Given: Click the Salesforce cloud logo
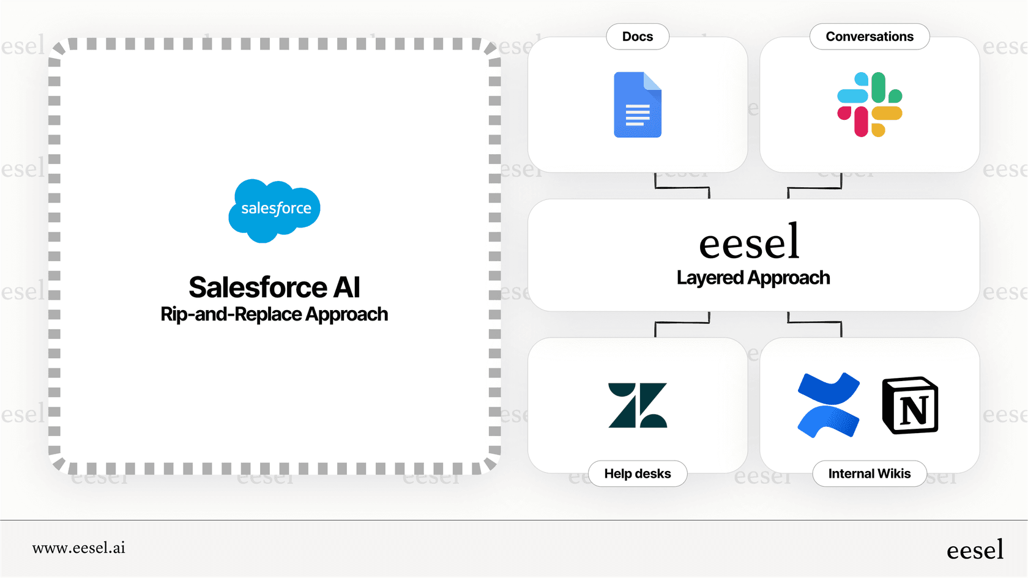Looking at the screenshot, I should coord(274,210).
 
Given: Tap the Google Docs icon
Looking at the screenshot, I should coord(638,105).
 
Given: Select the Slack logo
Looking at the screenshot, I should coord(870,105).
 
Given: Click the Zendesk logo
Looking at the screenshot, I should coord(638,405).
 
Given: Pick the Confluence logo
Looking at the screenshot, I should coord(829,405).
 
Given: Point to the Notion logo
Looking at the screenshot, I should coord(910,405).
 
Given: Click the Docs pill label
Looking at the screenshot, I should coord(638,37).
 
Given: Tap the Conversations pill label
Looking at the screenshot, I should coord(870,37).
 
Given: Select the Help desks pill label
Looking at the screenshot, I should coord(638,473).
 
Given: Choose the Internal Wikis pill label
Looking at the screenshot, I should coord(870,473).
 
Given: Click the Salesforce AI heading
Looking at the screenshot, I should coord(274,287).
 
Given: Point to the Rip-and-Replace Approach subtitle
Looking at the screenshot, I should coord(274,314).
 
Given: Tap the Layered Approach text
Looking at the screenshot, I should coord(753,278).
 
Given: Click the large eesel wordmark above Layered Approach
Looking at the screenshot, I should coord(750,242).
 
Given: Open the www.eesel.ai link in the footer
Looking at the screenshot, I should coord(79,548).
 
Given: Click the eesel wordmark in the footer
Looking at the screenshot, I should coord(975,550).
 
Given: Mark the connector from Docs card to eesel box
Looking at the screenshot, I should coord(682,187).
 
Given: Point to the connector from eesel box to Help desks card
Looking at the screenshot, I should coord(682,322).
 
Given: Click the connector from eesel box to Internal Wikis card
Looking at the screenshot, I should coord(814,322).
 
